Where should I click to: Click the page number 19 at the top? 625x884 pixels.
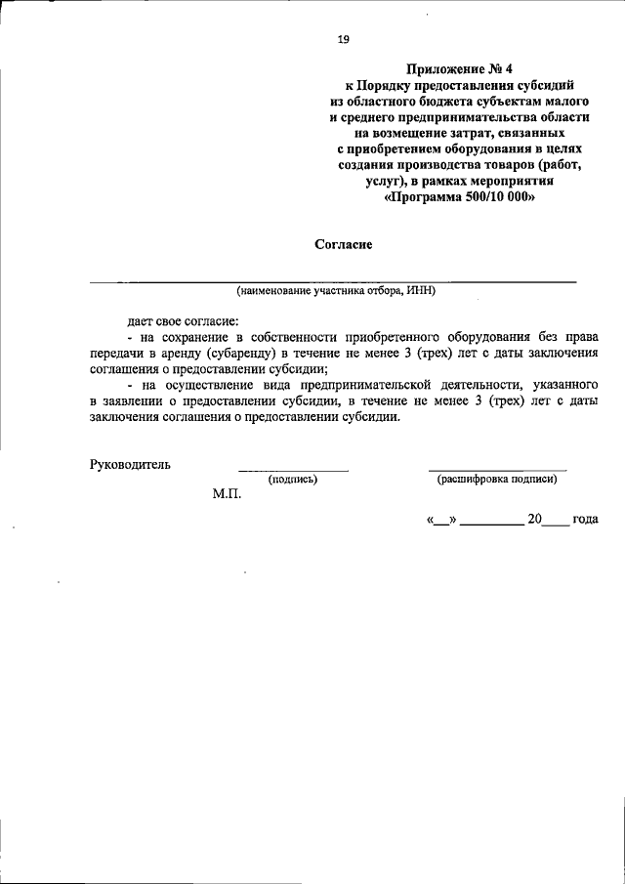(x=343, y=40)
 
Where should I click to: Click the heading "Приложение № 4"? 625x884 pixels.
(x=457, y=69)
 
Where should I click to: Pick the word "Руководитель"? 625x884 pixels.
(x=130, y=464)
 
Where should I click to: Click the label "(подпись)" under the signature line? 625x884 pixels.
(x=293, y=479)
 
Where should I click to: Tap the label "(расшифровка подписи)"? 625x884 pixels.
(x=497, y=479)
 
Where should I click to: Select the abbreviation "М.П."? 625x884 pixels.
(x=227, y=494)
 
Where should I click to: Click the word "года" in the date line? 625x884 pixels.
(x=585, y=520)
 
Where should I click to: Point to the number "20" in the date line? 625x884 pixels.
(x=534, y=520)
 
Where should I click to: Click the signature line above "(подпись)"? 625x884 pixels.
(x=293, y=470)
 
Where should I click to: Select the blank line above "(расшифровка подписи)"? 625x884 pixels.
(x=497, y=470)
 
